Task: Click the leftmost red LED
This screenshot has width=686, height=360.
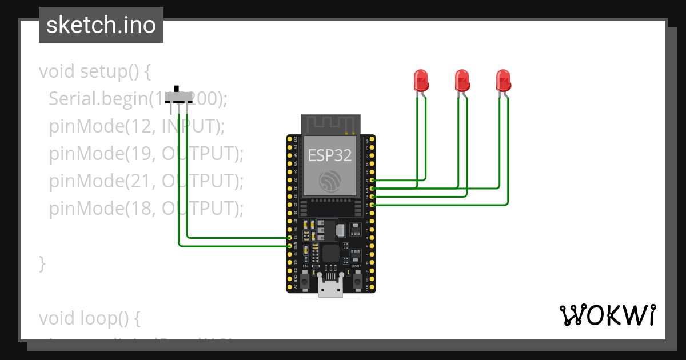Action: click(x=421, y=80)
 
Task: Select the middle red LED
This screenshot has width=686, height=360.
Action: click(x=462, y=80)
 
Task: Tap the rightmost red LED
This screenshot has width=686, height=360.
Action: click(x=503, y=80)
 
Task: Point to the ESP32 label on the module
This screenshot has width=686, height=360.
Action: click(x=330, y=155)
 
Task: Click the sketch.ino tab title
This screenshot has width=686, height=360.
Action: click(x=101, y=25)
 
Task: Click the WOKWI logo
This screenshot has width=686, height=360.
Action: click(x=607, y=315)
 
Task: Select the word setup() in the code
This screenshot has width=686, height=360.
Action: click(x=115, y=72)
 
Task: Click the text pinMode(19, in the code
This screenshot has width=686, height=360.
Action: click(x=103, y=154)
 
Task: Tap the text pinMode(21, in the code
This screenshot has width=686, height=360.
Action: click(x=103, y=181)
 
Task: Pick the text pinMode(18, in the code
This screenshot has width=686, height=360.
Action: click(x=103, y=209)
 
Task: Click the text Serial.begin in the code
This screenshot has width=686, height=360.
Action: click(x=95, y=99)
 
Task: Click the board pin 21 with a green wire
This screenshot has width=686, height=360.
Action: click(x=373, y=180)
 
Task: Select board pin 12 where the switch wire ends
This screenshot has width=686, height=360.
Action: click(x=290, y=237)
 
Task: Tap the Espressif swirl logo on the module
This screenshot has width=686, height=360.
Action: click(x=330, y=182)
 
